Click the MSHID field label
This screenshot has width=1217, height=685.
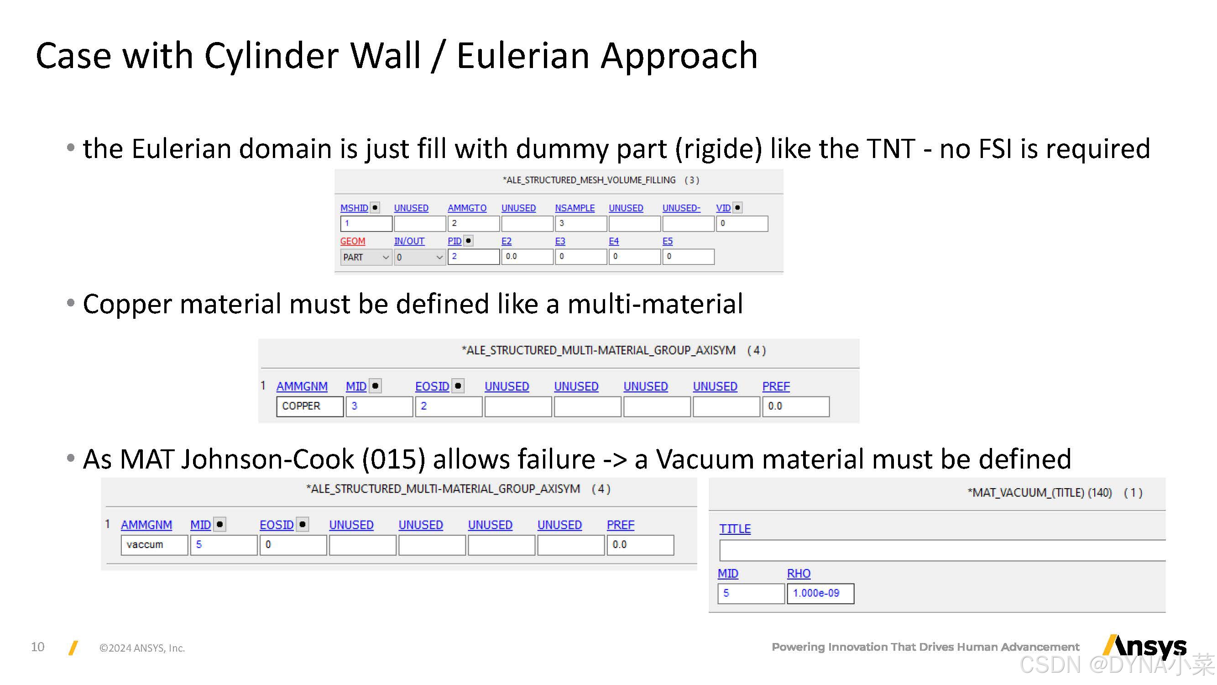point(353,208)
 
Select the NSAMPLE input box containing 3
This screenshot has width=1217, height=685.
point(580,224)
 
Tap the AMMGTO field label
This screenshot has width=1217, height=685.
point(467,208)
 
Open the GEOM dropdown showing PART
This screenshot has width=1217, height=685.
point(366,257)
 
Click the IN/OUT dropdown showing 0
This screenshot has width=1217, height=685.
point(419,257)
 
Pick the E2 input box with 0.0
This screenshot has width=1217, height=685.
point(527,257)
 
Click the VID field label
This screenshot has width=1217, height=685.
point(722,208)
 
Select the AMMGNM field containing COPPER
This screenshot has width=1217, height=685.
point(309,406)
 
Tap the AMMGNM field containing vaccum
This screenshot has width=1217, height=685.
point(154,545)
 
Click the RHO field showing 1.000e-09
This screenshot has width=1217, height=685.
point(820,594)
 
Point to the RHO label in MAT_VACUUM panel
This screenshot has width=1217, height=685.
point(799,574)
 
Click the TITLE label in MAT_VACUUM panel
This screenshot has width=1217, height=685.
point(735,529)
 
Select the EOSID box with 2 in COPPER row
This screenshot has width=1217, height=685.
point(448,406)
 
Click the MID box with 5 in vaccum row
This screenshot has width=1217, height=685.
point(223,545)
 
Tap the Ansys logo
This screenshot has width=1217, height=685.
point(1144,646)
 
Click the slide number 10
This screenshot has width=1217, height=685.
point(37,647)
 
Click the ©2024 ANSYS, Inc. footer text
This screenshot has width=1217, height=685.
point(142,648)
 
